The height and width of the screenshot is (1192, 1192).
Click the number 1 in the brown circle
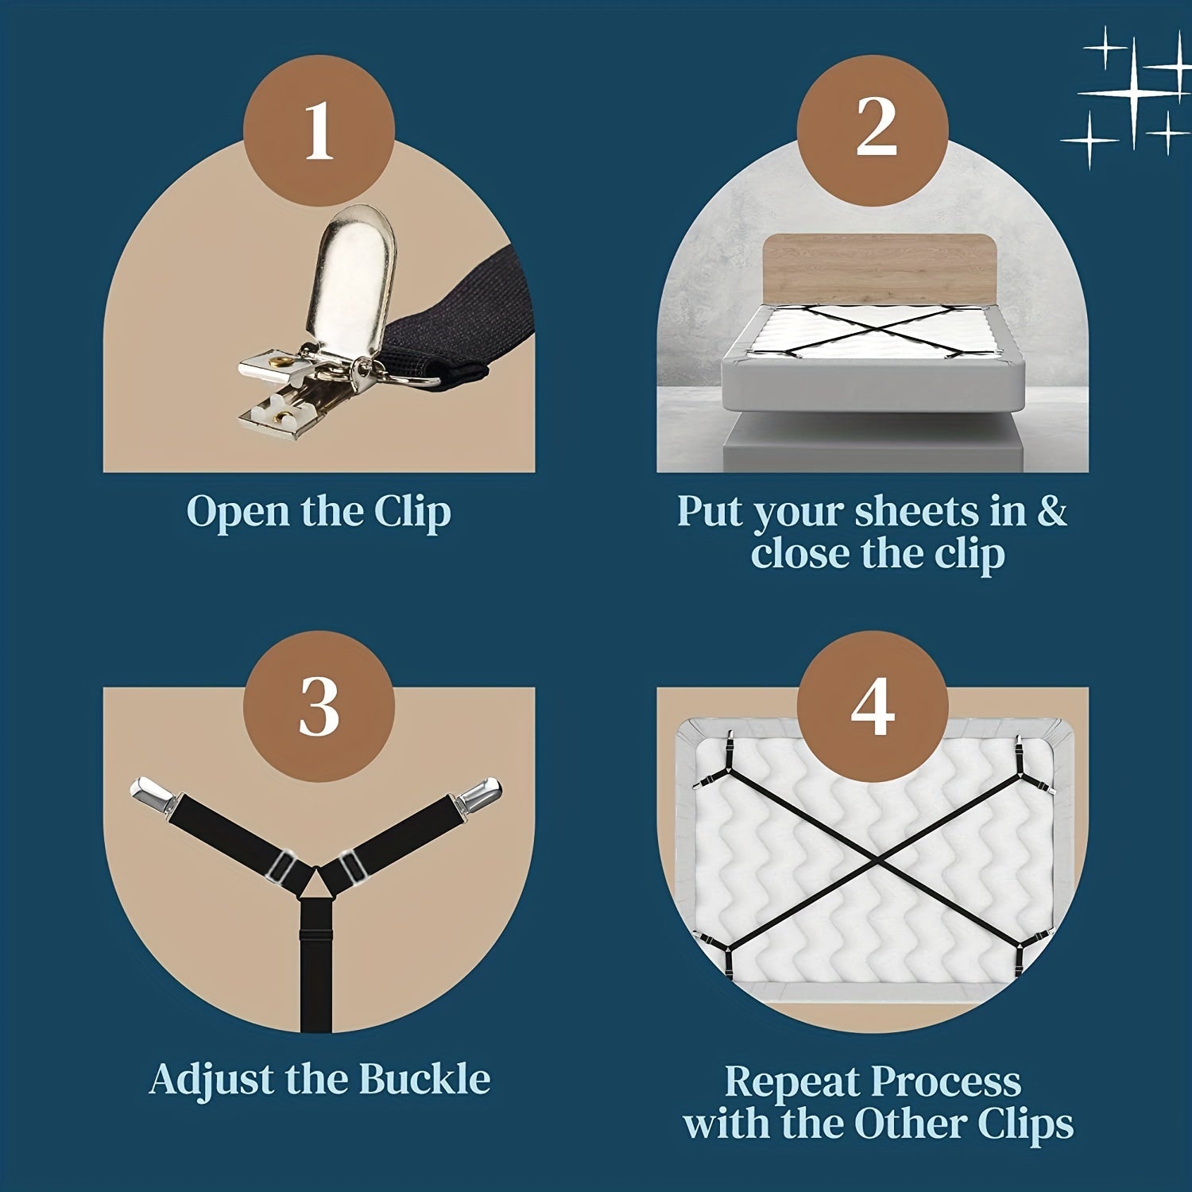[x=319, y=130]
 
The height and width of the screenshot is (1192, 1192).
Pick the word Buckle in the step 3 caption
[x=424, y=1079]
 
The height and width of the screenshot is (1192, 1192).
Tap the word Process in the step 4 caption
[x=946, y=1083]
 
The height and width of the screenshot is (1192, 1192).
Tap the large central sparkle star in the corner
[x=1134, y=94]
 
